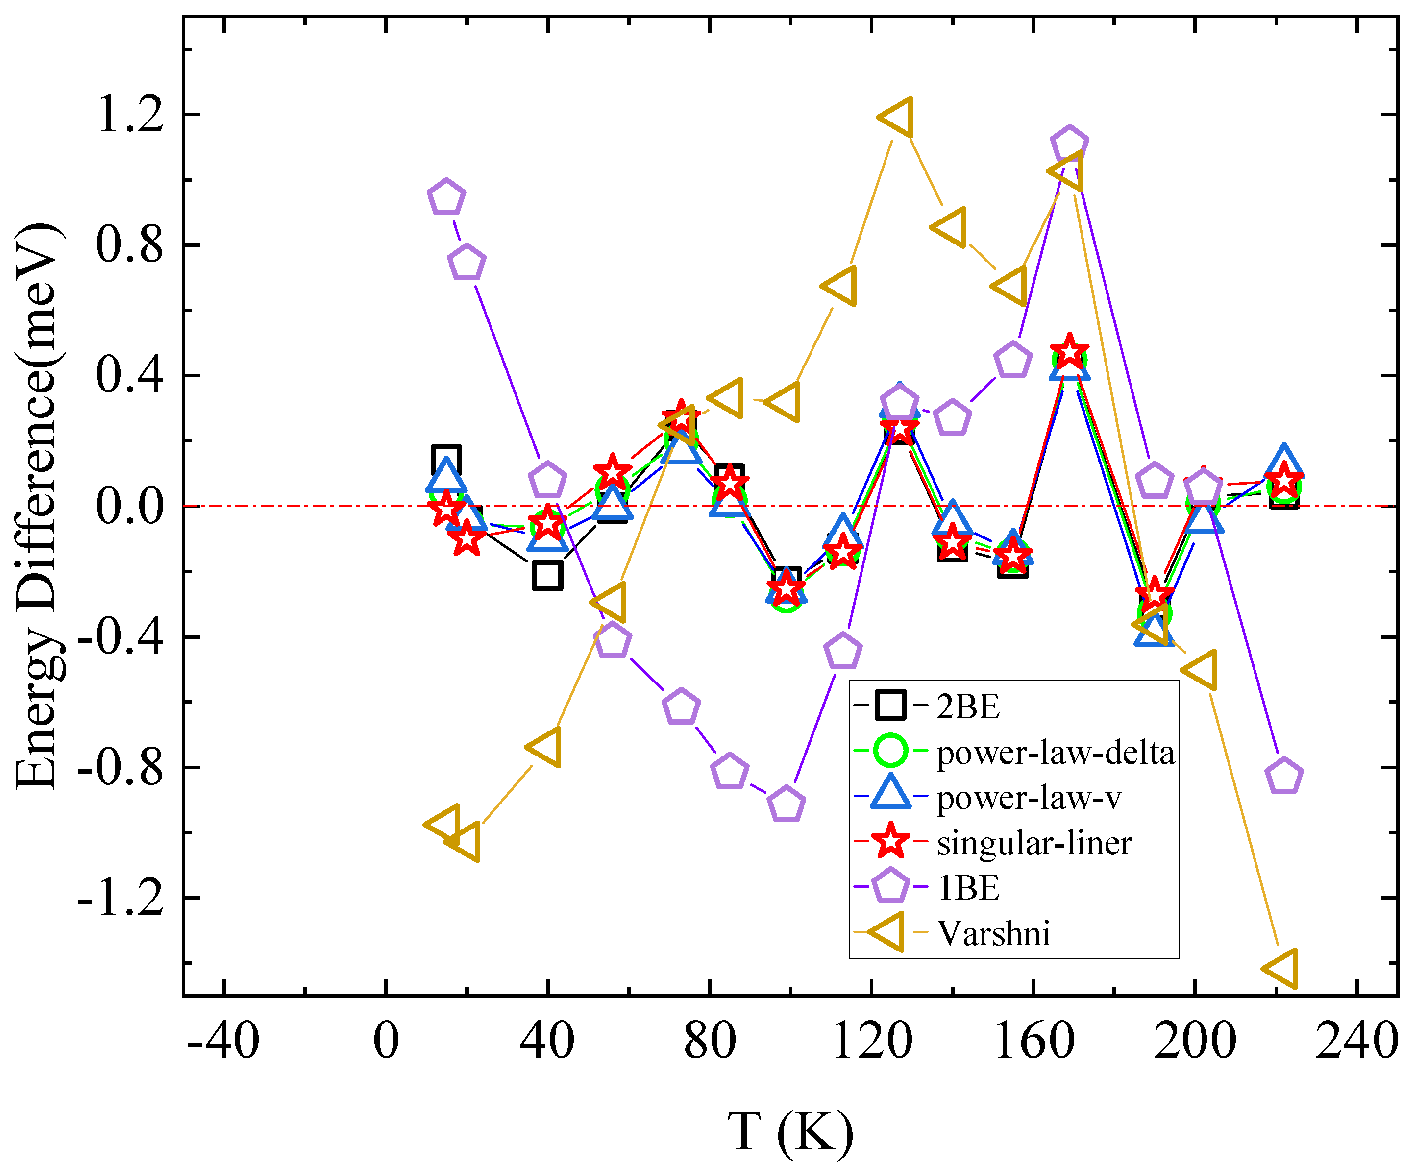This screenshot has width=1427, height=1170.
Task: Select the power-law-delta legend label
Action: pyautogui.click(x=1056, y=752)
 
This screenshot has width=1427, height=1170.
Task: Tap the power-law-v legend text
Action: pyautogui.click(x=1029, y=797)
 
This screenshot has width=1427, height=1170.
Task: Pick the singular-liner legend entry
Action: pyautogui.click(x=1034, y=842)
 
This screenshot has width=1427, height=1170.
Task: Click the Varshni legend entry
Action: pyautogui.click(x=994, y=933)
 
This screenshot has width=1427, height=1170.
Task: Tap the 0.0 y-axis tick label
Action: pyautogui.click(x=130, y=506)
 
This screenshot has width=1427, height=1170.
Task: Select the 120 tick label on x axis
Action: pyautogui.click(x=872, y=1041)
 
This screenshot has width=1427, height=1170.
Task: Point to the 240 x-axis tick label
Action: pyautogui.click(x=1357, y=1041)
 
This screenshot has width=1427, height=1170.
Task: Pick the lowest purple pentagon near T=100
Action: pyautogui.click(x=787, y=804)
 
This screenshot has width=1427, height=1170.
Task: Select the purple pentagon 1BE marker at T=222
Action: pyautogui.click(x=1284, y=776)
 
